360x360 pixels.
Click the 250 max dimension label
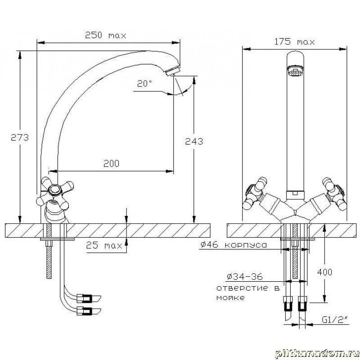(105, 35)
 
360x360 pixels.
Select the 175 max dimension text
(294, 41)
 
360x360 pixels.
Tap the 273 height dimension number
(20, 137)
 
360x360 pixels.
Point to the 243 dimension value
(194, 141)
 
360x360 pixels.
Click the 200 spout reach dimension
(111, 163)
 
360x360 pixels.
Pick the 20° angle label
(144, 83)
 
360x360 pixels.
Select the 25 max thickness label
(104, 245)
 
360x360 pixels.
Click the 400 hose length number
(324, 272)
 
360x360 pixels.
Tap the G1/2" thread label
(335, 319)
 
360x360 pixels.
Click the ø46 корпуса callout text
(234, 245)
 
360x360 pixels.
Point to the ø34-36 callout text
(244, 276)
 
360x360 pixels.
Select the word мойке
(230, 298)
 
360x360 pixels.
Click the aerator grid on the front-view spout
(295, 71)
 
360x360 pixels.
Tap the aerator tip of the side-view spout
(172, 70)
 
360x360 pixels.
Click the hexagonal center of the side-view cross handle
(54, 189)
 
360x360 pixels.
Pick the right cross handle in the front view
(334, 193)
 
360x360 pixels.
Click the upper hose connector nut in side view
(85, 298)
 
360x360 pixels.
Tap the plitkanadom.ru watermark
(317, 354)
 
